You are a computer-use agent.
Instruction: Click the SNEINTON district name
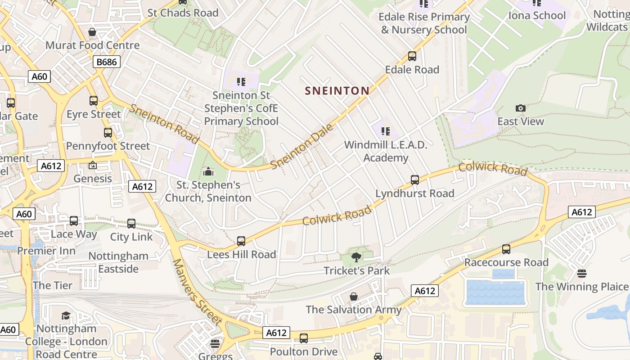point(337,91)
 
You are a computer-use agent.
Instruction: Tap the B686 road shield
point(107,62)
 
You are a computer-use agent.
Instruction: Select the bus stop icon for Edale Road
point(412,56)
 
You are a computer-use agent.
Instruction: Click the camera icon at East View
point(521,108)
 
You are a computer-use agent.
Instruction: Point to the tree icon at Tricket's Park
point(356,257)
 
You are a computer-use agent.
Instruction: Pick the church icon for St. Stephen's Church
point(208,171)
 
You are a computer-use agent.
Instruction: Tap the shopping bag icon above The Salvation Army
point(354,297)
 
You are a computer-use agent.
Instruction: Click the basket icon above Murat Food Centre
point(92,32)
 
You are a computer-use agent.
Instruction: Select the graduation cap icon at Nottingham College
point(66,315)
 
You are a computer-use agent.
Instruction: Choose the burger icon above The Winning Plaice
point(581,274)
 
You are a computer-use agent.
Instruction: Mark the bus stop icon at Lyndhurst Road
point(415,180)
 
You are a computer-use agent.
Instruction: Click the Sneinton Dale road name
point(303,146)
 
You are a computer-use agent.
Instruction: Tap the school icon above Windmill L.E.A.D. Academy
point(385,131)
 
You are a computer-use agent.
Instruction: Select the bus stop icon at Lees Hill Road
point(241,241)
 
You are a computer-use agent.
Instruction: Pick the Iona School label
point(536,16)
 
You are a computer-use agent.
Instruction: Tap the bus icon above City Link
point(131,223)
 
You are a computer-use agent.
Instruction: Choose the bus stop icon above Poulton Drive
point(304,338)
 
